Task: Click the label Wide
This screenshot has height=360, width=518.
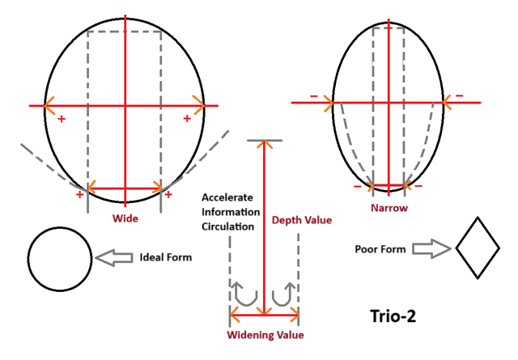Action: (x=125, y=218)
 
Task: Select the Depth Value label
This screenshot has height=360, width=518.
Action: (x=302, y=219)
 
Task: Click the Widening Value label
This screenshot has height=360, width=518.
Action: (x=265, y=334)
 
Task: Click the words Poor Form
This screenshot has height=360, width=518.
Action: (x=380, y=248)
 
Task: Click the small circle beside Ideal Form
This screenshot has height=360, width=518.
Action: (x=60, y=258)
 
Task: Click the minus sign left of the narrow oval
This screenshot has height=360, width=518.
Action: (x=313, y=97)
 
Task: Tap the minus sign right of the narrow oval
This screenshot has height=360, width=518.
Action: (x=459, y=95)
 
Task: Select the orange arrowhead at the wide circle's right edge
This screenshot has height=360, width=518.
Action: (x=199, y=104)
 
